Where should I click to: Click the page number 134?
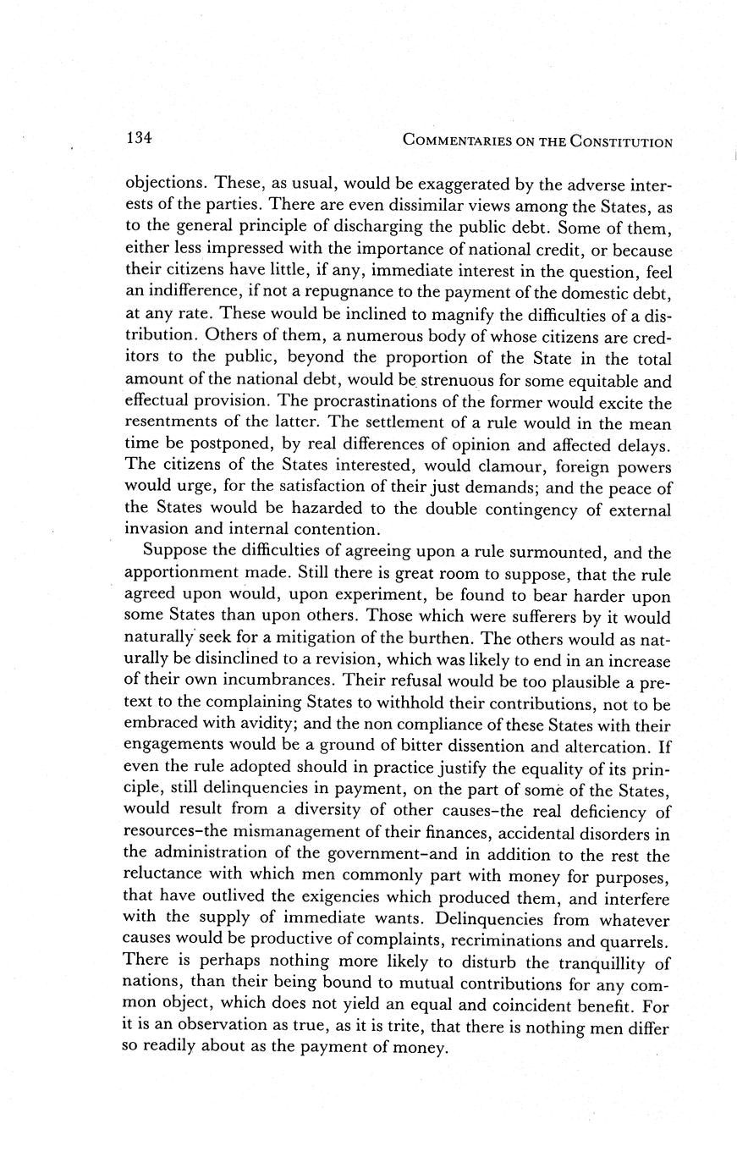(x=138, y=137)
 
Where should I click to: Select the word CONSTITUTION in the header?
(x=621, y=141)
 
